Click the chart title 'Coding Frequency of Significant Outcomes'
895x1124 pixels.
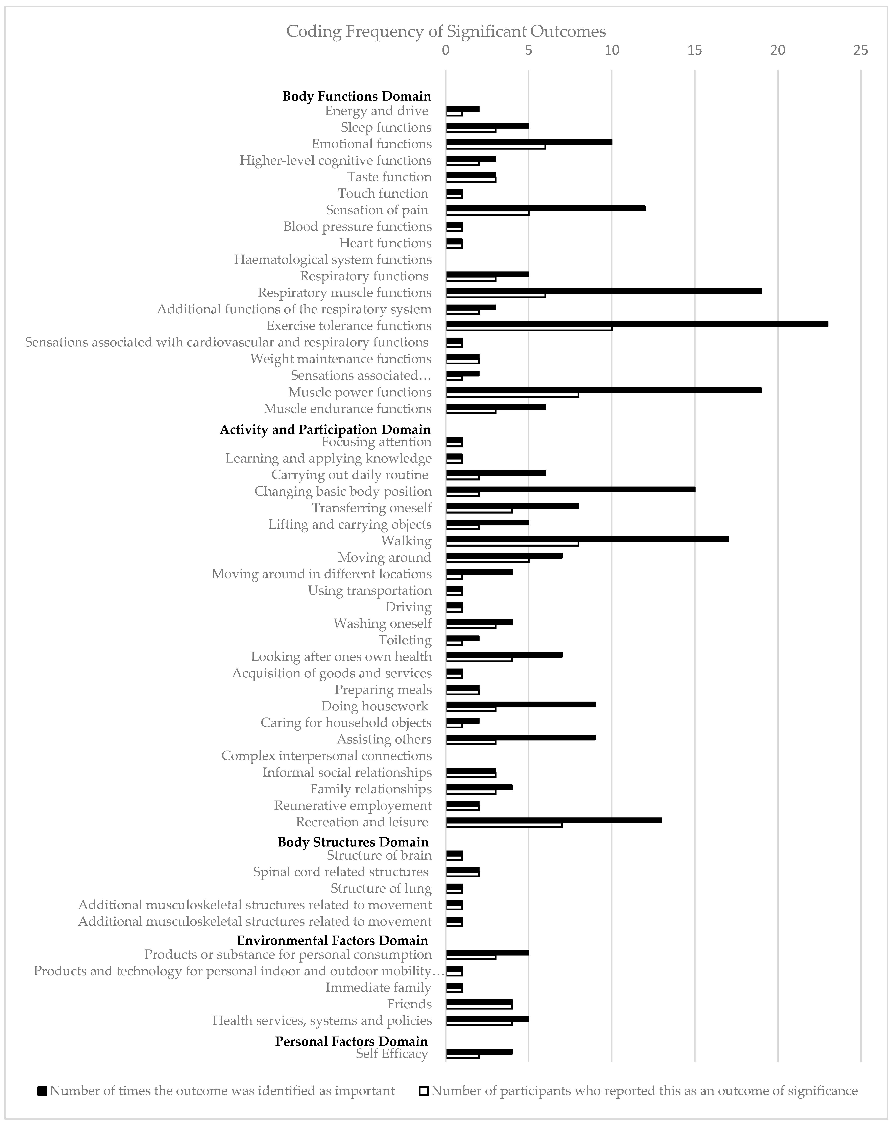446,32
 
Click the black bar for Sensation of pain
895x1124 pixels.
546,208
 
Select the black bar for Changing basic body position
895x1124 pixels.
571,489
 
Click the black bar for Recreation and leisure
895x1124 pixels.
554,820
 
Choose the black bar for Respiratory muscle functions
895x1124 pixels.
603,290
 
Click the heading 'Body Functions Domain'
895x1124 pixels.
357,97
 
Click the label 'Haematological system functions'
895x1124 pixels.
333,260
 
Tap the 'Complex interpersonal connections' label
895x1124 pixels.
326,756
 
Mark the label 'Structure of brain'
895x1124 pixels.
379,856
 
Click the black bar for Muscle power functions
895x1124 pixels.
603,390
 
